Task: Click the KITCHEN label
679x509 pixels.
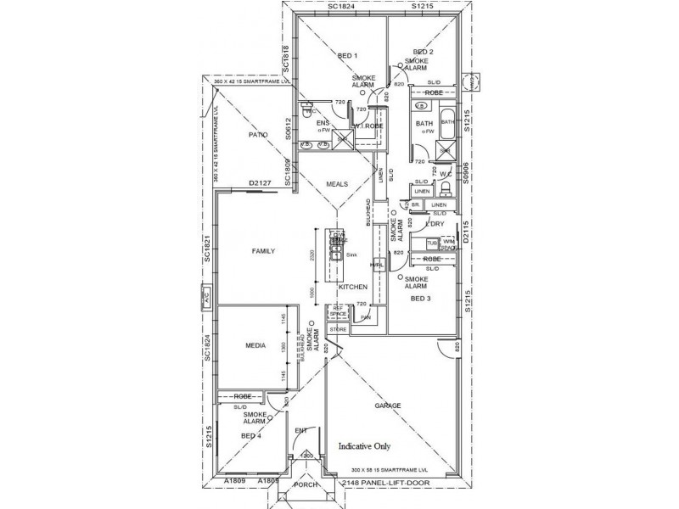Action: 352,288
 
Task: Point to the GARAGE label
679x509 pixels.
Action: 389,406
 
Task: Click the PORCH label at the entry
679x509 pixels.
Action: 304,487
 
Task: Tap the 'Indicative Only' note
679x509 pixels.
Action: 370,445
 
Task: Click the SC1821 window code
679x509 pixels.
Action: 206,251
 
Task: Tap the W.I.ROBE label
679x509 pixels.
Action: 369,126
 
